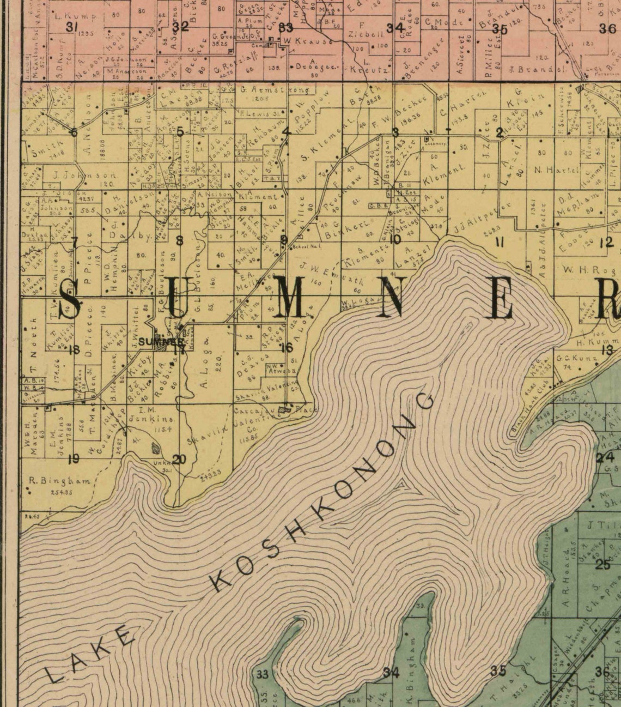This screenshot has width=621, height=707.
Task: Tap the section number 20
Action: tap(179, 460)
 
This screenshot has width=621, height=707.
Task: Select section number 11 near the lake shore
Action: tap(498, 243)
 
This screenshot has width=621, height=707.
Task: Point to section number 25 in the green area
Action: tap(603, 564)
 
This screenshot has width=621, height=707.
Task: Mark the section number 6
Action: tap(74, 132)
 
